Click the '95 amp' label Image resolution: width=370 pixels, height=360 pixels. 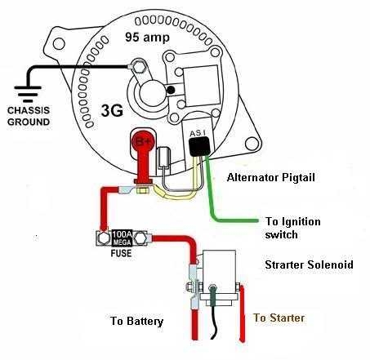click(147, 38)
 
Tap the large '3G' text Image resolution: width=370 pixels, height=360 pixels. click(112, 111)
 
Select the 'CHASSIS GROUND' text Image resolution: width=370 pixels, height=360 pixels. click(29, 116)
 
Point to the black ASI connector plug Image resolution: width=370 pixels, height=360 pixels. click(199, 147)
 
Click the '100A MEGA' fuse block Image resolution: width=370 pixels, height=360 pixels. click(122, 238)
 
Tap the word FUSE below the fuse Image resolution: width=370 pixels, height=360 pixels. click(121, 253)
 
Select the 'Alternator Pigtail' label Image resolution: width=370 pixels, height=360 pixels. click(271, 178)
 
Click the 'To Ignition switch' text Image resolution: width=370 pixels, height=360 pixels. click(293, 228)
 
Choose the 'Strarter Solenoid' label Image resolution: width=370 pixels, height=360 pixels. click(310, 264)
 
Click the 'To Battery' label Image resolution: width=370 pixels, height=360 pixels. click(136, 321)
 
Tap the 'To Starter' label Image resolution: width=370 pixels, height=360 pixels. click(279, 318)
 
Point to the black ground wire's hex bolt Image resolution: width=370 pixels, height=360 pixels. click(139, 67)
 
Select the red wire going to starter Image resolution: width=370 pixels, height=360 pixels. click(242, 313)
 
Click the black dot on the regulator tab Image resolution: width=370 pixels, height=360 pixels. click(171, 90)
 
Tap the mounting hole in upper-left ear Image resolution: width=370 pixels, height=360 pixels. click(59, 43)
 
